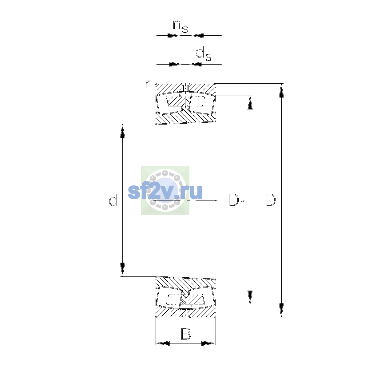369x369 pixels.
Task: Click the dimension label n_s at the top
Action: [181, 26]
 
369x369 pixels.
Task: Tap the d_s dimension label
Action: [203, 54]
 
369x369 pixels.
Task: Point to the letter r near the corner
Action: [148, 84]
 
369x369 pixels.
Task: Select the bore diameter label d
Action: [113, 200]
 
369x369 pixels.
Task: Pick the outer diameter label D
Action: [271, 200]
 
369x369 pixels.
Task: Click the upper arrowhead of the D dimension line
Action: [281, 91]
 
